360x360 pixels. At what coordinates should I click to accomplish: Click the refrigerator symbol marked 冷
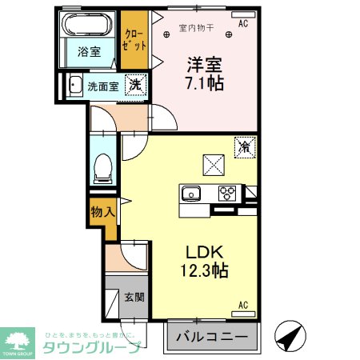[245, 146]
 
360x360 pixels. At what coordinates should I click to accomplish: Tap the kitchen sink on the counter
[191, 194]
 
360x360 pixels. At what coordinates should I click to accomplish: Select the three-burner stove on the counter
[227, 193]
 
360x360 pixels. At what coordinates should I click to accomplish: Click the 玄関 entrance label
[134, 298]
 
